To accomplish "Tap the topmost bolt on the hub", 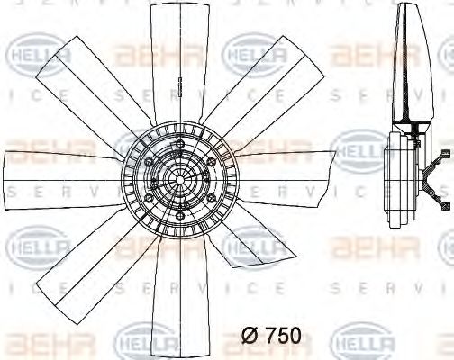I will pos(178,143).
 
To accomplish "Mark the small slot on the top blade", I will pos(181,90).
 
